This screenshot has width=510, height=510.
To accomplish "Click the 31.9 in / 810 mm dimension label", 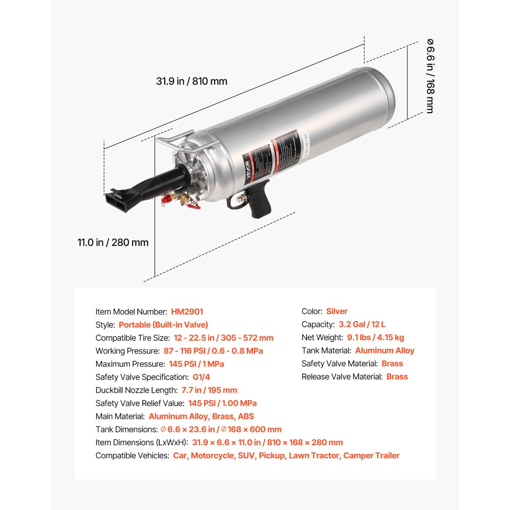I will click(x=192, y=81).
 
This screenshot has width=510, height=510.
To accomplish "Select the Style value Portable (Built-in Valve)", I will click(x=163, y=325).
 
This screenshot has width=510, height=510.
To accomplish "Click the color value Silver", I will click(x=337, y=312).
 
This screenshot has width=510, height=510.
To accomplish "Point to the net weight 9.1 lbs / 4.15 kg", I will click(x=375, y=338).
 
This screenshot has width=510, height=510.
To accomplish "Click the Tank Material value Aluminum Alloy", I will click(x=385, y=351).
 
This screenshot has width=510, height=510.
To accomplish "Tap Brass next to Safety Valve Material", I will click(x=392, y=364).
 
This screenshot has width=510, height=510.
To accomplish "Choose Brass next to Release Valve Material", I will click(x=397, y=377).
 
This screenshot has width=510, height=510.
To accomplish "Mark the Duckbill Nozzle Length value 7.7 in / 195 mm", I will click(x=209, y=390).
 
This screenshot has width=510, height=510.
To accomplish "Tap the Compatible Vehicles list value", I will click(x=286, y=456).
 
